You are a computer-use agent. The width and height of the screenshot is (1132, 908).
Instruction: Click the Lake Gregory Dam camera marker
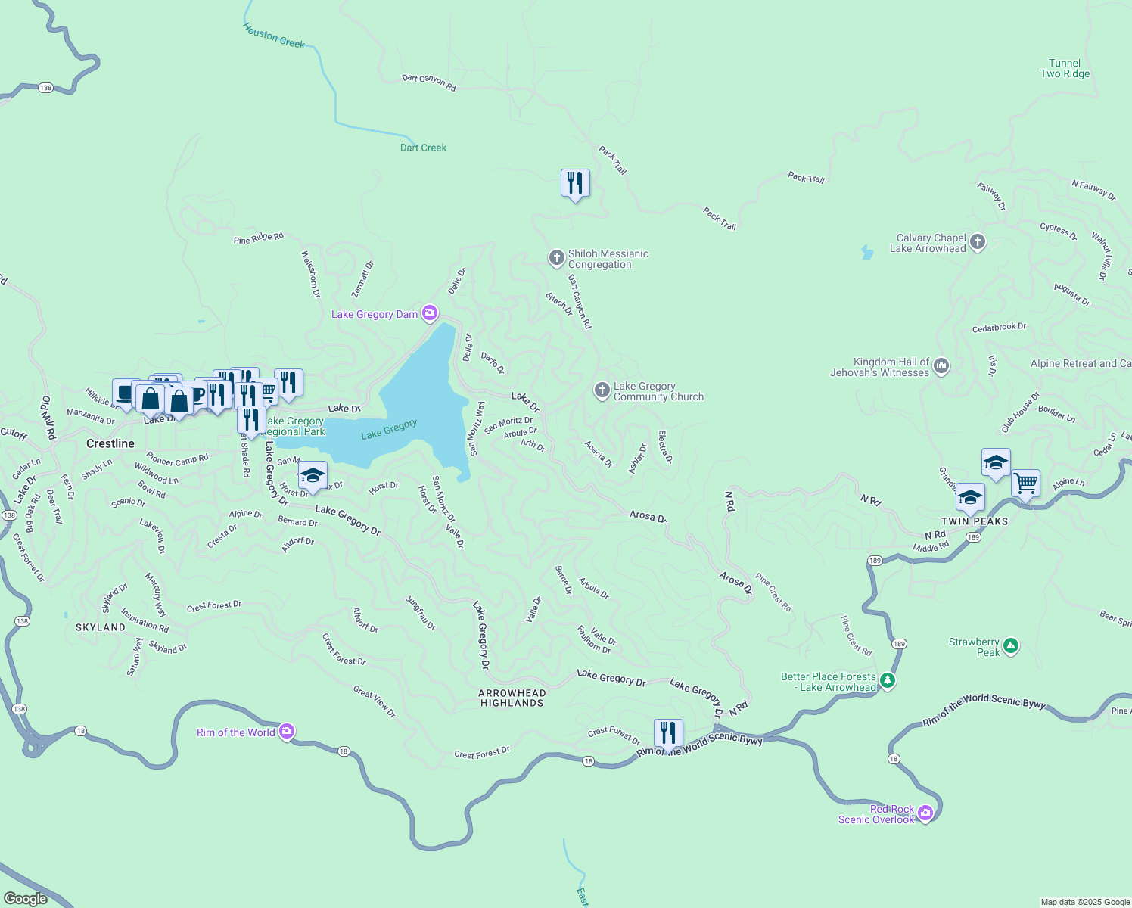[429, 313]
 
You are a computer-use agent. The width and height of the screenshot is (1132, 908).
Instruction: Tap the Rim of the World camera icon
[286, 732]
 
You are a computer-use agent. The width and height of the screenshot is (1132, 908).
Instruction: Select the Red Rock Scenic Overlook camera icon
[925, 813]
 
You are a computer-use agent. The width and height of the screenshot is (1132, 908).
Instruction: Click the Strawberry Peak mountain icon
[1011, 647]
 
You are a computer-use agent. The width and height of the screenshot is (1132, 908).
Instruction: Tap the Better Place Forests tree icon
[888, 681]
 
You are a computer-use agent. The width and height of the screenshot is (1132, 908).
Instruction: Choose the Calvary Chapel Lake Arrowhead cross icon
[978, 243]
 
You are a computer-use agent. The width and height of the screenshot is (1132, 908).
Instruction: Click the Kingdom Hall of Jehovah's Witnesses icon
[941, 367]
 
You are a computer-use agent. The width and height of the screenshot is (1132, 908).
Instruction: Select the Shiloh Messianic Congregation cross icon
[556, 259]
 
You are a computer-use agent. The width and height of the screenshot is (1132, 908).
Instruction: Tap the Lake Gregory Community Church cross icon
[602, 390]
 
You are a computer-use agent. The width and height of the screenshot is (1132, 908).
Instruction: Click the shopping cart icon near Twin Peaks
[1025, 482]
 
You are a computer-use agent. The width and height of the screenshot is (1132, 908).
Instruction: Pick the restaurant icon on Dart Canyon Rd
[575, 183]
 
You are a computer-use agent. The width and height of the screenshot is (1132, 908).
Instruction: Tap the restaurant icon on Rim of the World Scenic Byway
[667, 732]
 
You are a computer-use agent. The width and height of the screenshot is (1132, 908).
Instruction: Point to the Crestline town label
[110, 443]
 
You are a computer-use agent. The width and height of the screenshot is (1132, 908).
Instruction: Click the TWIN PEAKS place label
[975, 521]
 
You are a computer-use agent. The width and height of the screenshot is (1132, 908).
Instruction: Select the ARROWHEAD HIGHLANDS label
[512, 698]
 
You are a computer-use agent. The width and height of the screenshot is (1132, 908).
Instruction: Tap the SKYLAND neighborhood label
[101, 627]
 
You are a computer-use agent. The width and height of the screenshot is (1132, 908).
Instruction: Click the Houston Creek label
[274, 36]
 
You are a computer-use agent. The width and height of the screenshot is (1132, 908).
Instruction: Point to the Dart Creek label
[423, 148]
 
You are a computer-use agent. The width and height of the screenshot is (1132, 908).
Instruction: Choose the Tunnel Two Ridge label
[1065, 68]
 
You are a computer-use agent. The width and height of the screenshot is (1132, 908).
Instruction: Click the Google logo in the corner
[26, 898]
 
